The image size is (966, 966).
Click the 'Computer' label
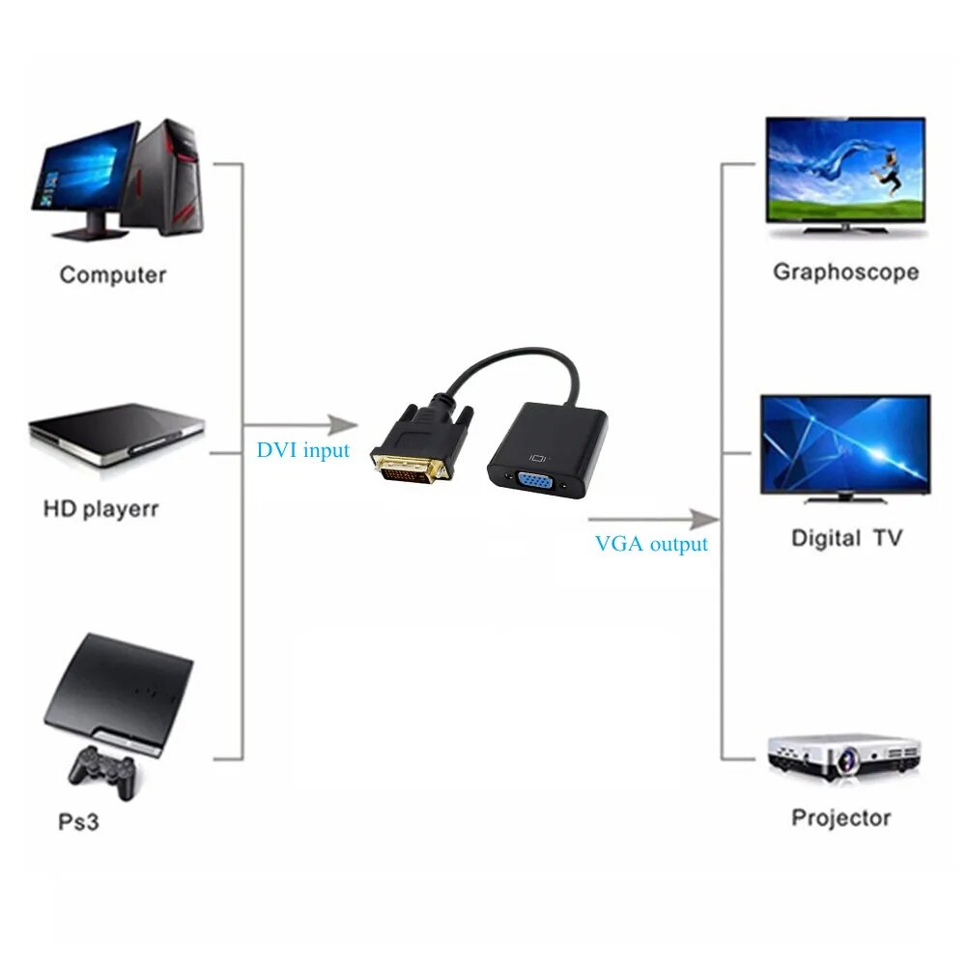(x=113, y=274)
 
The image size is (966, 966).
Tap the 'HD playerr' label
(x=100, y=508)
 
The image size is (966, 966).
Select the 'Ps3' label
(x=78, y=822)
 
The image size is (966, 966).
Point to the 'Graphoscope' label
(x=845, y=272)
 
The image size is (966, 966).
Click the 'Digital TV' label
(x=846, y=538)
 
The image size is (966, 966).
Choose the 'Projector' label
(x=840, y=818)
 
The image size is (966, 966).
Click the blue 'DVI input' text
(x=303, y=450)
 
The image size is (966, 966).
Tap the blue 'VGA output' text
(x=651, y=544)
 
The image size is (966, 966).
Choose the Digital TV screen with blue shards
(x=845, y=443)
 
